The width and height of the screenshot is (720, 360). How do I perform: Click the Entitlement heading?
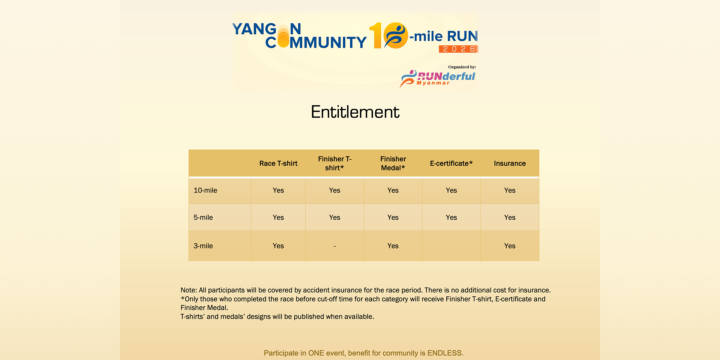(355, 112)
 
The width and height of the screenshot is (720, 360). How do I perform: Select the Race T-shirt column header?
(278, 163)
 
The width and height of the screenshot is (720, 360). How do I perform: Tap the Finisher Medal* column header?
(393, 163)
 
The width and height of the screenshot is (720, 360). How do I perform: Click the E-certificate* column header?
(451, 163)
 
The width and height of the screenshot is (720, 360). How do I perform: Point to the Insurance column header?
(510, 163)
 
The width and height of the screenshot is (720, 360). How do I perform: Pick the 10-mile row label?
(205, 190)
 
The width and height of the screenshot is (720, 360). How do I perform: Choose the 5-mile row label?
(203, 217)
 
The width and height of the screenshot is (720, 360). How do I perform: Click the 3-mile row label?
(203, 246)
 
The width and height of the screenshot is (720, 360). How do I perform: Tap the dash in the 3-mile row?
(335, 246)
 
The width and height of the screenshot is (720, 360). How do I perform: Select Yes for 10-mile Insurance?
(510, 190)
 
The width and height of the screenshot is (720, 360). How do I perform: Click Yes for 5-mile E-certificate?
(451, 217)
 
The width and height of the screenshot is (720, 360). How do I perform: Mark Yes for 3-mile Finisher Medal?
(393, 246)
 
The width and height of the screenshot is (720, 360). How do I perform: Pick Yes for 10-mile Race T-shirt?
(278, 190)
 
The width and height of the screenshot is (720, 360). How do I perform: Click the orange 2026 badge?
(459, 49)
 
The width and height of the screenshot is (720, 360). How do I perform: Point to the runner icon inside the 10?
(396, 35)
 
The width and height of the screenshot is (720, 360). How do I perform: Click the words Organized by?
(462, 67)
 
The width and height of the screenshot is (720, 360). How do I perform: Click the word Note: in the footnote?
(189, 290)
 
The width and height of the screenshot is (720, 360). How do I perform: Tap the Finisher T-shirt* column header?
(335, 163)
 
